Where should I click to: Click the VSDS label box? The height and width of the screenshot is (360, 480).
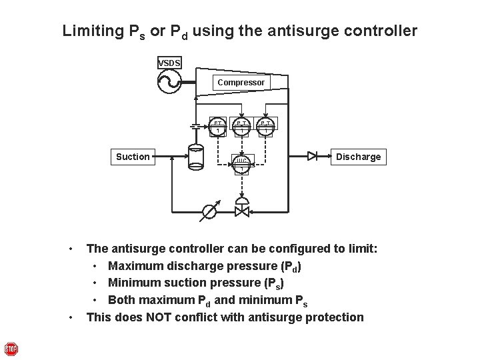[169, 63]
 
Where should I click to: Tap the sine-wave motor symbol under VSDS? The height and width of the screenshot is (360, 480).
[169, 83]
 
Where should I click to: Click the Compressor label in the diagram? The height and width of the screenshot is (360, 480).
[241, 82]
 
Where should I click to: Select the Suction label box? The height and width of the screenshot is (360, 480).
[133, 157]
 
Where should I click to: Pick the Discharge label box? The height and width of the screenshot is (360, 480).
[358, 157]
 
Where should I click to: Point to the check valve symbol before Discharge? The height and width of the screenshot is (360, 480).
[313, 157]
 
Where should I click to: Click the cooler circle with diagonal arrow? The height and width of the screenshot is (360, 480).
[209, 212]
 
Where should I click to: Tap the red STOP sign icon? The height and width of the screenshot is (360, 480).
[11, 349]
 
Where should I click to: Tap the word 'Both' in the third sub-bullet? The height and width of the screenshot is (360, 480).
[122, 299]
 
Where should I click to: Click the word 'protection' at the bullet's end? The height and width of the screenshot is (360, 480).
[331, 317]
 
